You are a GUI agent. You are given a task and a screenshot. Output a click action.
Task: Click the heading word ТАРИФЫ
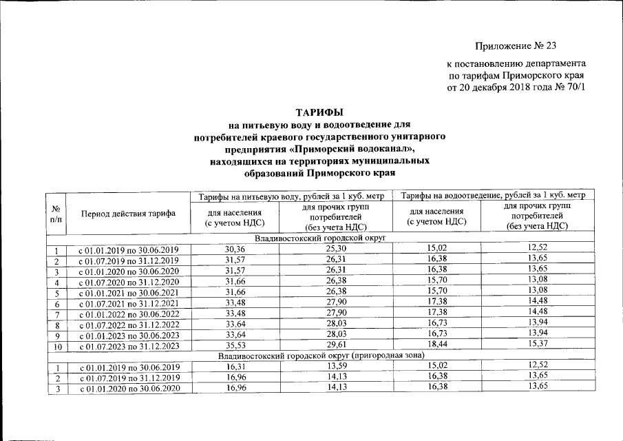tap(319, 112)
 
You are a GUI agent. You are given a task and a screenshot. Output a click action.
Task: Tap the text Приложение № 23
tap(515, 47)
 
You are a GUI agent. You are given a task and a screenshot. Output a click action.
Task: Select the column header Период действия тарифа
tap(128, 214)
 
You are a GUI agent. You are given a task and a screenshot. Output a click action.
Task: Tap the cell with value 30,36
tap(235, 248)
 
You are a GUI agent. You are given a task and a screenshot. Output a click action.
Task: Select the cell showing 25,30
tap(335, 248)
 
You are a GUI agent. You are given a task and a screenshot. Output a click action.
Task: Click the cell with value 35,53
tap(235, 345)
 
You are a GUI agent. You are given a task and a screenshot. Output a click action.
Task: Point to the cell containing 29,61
tap(335, 345)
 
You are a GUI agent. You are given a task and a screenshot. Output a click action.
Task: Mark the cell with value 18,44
tap(436, 345)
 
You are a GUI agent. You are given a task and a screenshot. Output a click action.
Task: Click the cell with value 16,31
tap(235, 367)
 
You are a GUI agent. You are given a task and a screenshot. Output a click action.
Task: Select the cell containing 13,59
tap(335, 367)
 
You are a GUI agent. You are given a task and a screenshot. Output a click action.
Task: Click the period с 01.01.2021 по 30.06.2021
tap(128, 293)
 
